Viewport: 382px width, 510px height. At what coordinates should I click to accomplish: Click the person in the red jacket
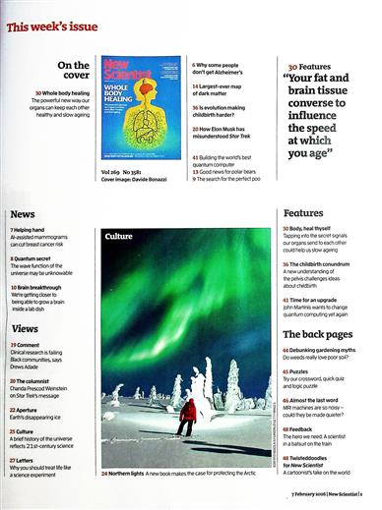click(187, 417)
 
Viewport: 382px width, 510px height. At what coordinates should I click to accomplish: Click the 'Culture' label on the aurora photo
click(118, 237)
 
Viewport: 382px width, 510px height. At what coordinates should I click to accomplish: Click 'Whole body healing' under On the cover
click(65, 91)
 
